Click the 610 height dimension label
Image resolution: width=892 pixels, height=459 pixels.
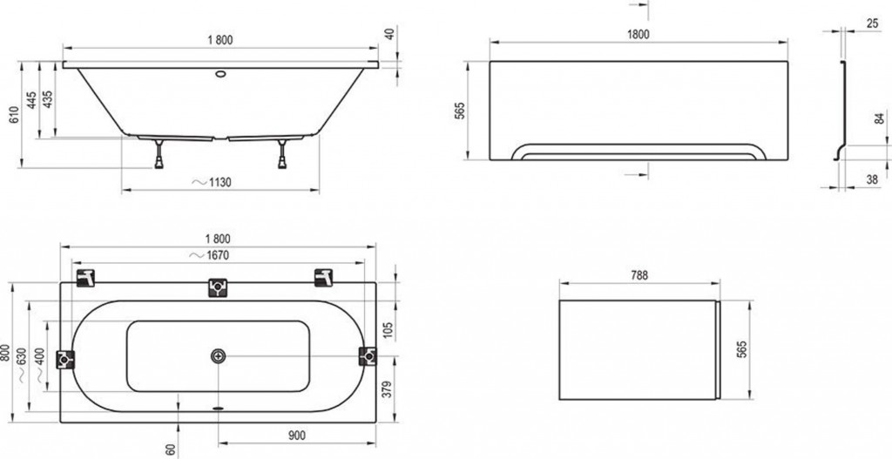[x=14, y=114]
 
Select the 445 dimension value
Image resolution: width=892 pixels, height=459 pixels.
[x=32, y=99]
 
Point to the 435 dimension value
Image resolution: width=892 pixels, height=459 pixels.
[x=48, y=99]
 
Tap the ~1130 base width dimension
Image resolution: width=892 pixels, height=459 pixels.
[x=212, y=183]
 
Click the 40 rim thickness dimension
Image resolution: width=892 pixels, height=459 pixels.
[x=389, y=34]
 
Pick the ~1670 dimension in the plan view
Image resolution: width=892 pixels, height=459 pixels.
[x=209, y=255]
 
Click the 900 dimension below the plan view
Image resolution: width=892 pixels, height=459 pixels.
[x=296, y=435]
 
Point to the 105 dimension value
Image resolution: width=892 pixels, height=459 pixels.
[x=388, y=330]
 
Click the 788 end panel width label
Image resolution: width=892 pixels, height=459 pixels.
[x=639, y=276]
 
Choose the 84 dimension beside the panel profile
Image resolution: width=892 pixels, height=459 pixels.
[x=880, y=119]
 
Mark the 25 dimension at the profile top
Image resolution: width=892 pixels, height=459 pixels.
[x=873, y=24]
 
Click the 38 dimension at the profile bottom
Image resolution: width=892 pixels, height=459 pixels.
[x=871, y=179]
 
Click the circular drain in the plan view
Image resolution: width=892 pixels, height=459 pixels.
[x=219, y=356]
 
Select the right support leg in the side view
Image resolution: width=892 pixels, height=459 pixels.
[x=281, y=154]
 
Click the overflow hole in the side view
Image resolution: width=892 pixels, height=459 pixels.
[x=220, y=73]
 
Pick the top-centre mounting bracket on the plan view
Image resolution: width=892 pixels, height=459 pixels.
[x=218, y=287]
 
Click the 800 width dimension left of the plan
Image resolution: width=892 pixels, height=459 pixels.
[x=5, y=354]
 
